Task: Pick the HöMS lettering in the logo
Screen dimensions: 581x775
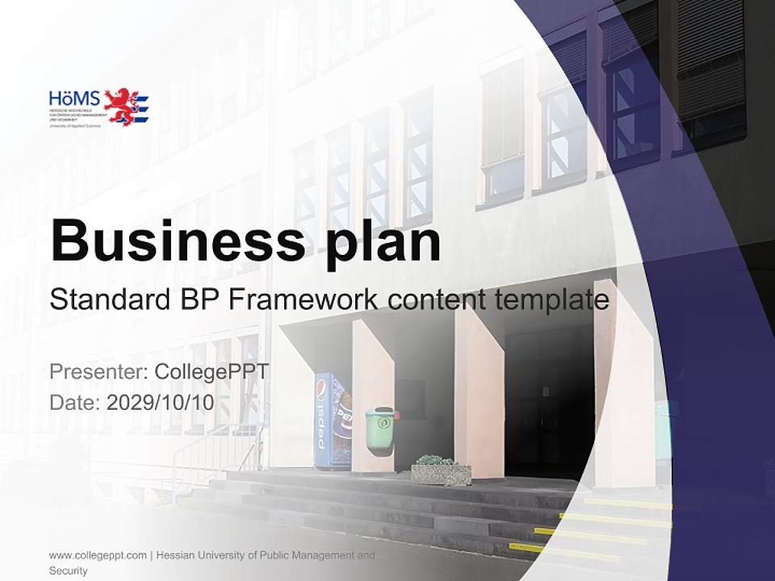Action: [x=74, y=98]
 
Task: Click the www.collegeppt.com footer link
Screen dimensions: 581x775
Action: [x=98, y=555]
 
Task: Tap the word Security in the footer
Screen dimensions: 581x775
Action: [x=69, y=571]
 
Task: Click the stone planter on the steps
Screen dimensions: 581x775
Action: [x=441, y=471]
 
